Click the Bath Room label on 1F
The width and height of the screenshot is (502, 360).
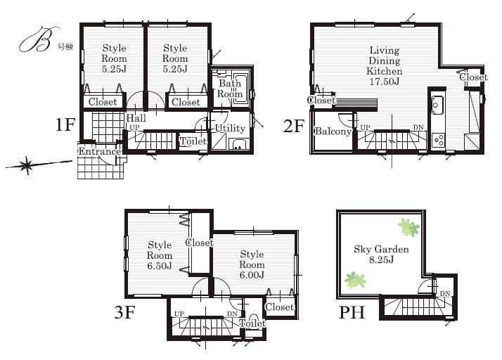click(229, 89)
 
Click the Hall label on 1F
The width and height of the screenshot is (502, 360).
click(136, 118)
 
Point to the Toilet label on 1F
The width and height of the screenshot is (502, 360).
click(193, 141)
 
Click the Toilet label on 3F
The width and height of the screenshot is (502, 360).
click(252, 323)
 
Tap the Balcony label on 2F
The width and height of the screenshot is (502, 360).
click(333, 131)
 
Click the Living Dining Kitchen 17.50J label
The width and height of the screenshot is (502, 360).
click(385, 66)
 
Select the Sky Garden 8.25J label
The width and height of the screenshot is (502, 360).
click(382, 255)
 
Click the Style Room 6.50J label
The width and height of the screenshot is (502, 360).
click(160, 256)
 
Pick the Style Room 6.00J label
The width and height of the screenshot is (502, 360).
click(252, 264)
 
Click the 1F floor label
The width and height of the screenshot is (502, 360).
click(65, 126)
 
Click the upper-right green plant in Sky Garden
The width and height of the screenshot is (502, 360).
click(408, 227)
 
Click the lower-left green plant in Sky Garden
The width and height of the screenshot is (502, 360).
click(356, 280)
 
